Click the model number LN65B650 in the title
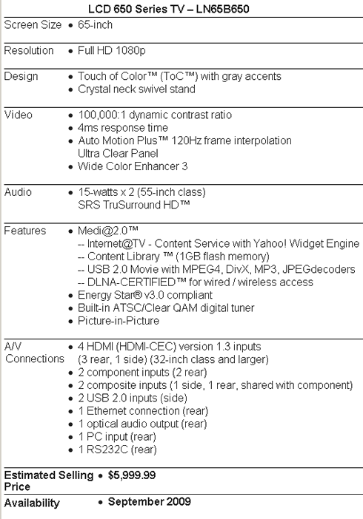pos(223,9)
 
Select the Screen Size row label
pos(33,25)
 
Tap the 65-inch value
pos(96,25)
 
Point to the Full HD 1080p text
pos(111,50)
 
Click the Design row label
pos(21,76)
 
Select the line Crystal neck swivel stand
pos(136,89)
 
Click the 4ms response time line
pos(123,128)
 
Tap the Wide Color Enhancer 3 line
pos(133,166)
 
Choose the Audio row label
pos(18,192)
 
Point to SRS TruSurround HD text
pos(134,205)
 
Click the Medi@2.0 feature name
pos(108,231)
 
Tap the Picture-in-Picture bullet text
pos(119,321)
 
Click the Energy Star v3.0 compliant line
pos(145,295)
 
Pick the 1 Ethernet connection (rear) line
pos(143,411)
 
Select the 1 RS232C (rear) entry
pos(117,450)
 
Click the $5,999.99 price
pos(132,475)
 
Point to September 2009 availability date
pos(150,501)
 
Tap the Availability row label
pos(32,503)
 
